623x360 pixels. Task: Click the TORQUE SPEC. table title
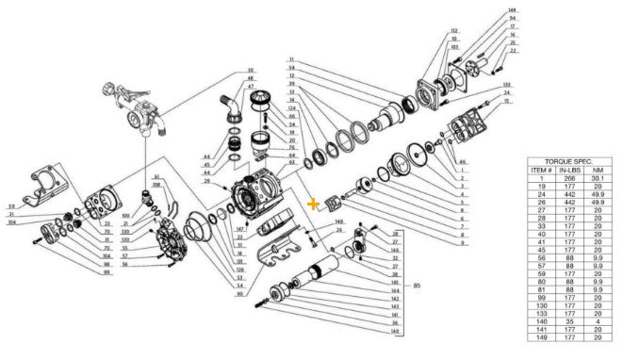point(564,161)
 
